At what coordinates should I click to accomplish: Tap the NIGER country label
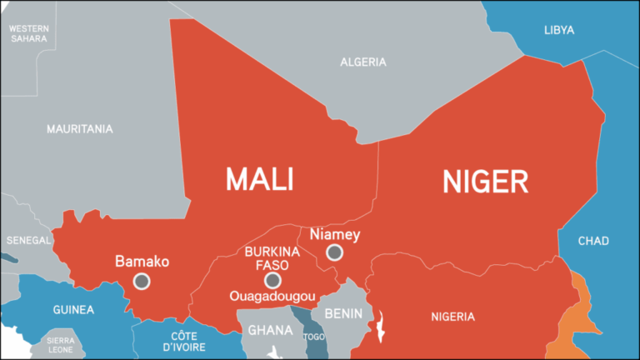point(485,181)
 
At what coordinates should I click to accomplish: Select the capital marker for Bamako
point(142,281)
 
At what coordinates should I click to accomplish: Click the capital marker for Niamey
point(334,252)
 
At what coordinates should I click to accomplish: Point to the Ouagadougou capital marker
point(272,279)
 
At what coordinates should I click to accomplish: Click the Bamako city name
point(142,262)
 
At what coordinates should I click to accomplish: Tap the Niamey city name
point(334,234)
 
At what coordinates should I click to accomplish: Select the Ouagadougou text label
point(272,296)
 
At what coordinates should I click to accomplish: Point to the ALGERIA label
point(363,62)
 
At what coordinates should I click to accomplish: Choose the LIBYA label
point(559,30)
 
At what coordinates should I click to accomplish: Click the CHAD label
point(594,241)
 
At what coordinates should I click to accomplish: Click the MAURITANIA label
point(80,129)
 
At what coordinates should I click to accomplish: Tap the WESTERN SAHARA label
point(29,33)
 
